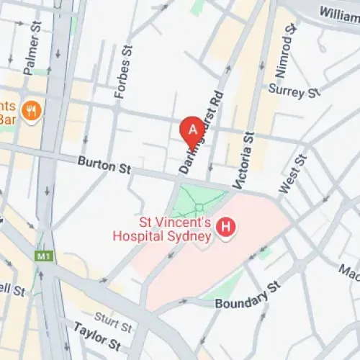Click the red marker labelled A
coord(192,130)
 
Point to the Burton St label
coord(105,166)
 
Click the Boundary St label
coord(247,297)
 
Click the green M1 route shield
coord(43,256)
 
